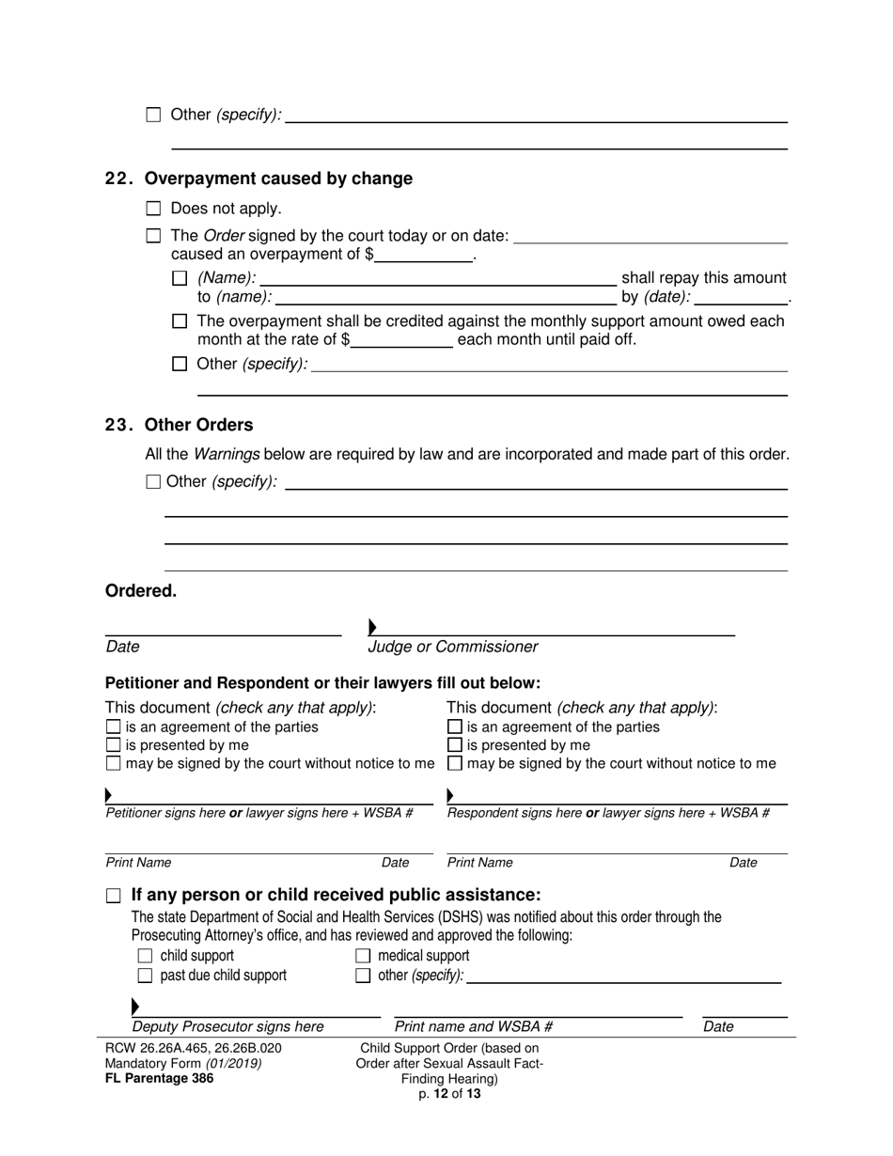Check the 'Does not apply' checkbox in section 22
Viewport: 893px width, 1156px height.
pos(154,209)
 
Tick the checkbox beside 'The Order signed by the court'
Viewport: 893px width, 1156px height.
pos(154,236)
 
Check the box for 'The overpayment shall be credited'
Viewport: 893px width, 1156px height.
pos(180,321)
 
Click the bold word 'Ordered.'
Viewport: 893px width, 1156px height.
pos(141,591)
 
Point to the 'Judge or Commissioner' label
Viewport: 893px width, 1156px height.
pos(453,647)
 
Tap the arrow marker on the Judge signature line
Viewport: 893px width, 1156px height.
pos(373,627)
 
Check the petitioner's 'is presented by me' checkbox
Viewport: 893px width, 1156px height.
pos(114,745)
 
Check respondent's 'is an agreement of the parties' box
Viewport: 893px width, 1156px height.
pos(455,727)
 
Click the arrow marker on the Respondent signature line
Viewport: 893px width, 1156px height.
pos(450,796)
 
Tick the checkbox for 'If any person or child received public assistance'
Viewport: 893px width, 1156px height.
pos(114,896)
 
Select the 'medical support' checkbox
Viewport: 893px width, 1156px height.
pos(363,957)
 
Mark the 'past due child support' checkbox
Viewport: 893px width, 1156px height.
pos(145,976)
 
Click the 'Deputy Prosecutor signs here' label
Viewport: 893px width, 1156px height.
pos(228,1026)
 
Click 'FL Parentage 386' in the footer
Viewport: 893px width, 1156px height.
pos(160,1078)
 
